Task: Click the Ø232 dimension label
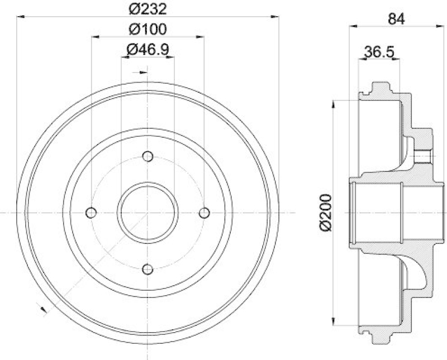tap(148, 9)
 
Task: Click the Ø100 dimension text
tap(148, 29)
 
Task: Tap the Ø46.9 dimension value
tap(148, 50)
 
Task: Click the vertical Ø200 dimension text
tap(327, 212)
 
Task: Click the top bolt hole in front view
tap(148, 156)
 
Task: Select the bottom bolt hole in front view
tap(148, 270)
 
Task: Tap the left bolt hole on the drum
tap(91, 213)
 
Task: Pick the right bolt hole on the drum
tap(205, 213)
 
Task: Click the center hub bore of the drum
tap(148, 213)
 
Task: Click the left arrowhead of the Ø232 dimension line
tap(21, 17)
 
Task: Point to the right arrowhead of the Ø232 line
tap(274, 17)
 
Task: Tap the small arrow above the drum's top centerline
tap(143, 71)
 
